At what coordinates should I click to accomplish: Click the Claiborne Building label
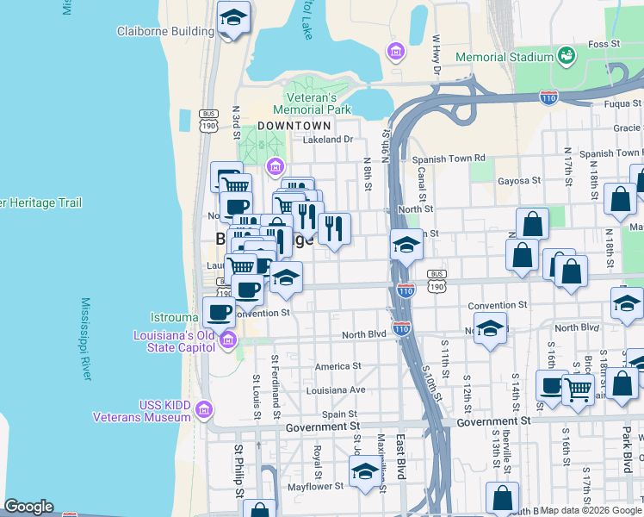pos(165,32)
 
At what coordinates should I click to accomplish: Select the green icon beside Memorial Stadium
pos(566,56)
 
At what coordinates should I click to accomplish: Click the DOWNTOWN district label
pos(294,125)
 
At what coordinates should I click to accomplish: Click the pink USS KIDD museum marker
pos(204,408)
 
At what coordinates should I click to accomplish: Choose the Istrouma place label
pos(176,318)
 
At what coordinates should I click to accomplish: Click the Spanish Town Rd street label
pos(449,159)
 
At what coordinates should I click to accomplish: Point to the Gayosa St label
pos(519,181)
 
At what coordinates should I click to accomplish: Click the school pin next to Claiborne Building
pos(232,17)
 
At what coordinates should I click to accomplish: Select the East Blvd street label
pos(400,468)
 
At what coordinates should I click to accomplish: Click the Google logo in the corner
pos(29,507)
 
